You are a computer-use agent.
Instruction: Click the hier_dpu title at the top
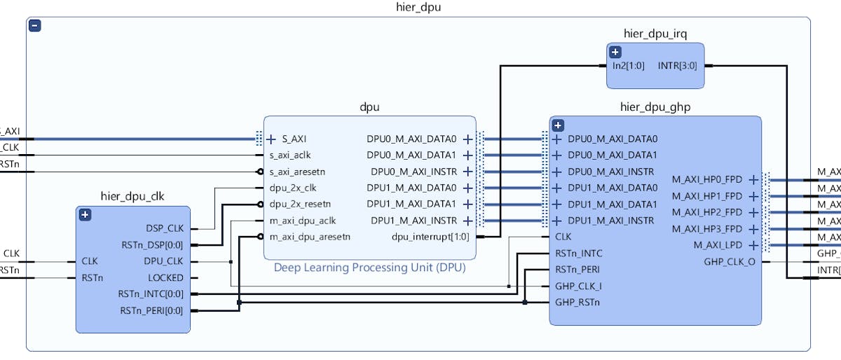click(x=419, y=7)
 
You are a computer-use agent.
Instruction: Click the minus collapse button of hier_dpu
click(x=35, y=26)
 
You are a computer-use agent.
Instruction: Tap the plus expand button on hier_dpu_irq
click(x=615, y=52)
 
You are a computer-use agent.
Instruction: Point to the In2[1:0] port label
click(x=629, y=66)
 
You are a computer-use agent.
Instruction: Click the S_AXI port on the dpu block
click(x=294, y=139)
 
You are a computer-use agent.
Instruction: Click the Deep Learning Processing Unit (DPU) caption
click(x=369, y=267)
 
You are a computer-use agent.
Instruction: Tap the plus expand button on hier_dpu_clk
click(x=85, y=215)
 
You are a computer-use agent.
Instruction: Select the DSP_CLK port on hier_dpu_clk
click(x=164, y=228)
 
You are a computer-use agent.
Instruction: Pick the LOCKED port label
click(x=165, y=277)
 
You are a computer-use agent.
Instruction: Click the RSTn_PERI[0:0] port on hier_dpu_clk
click(x=151, y=310)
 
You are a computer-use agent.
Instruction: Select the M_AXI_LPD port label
click(x=717, y=245)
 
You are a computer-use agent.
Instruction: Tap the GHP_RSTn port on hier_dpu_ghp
click(x=578, y=303)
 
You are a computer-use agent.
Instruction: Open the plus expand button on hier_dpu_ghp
click(x=558, y=125)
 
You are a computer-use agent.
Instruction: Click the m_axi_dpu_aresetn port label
click(x=310, y=237)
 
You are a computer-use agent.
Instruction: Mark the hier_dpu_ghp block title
click(x=655, y=107)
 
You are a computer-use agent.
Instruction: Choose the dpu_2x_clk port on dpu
click(x=293, y=188)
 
